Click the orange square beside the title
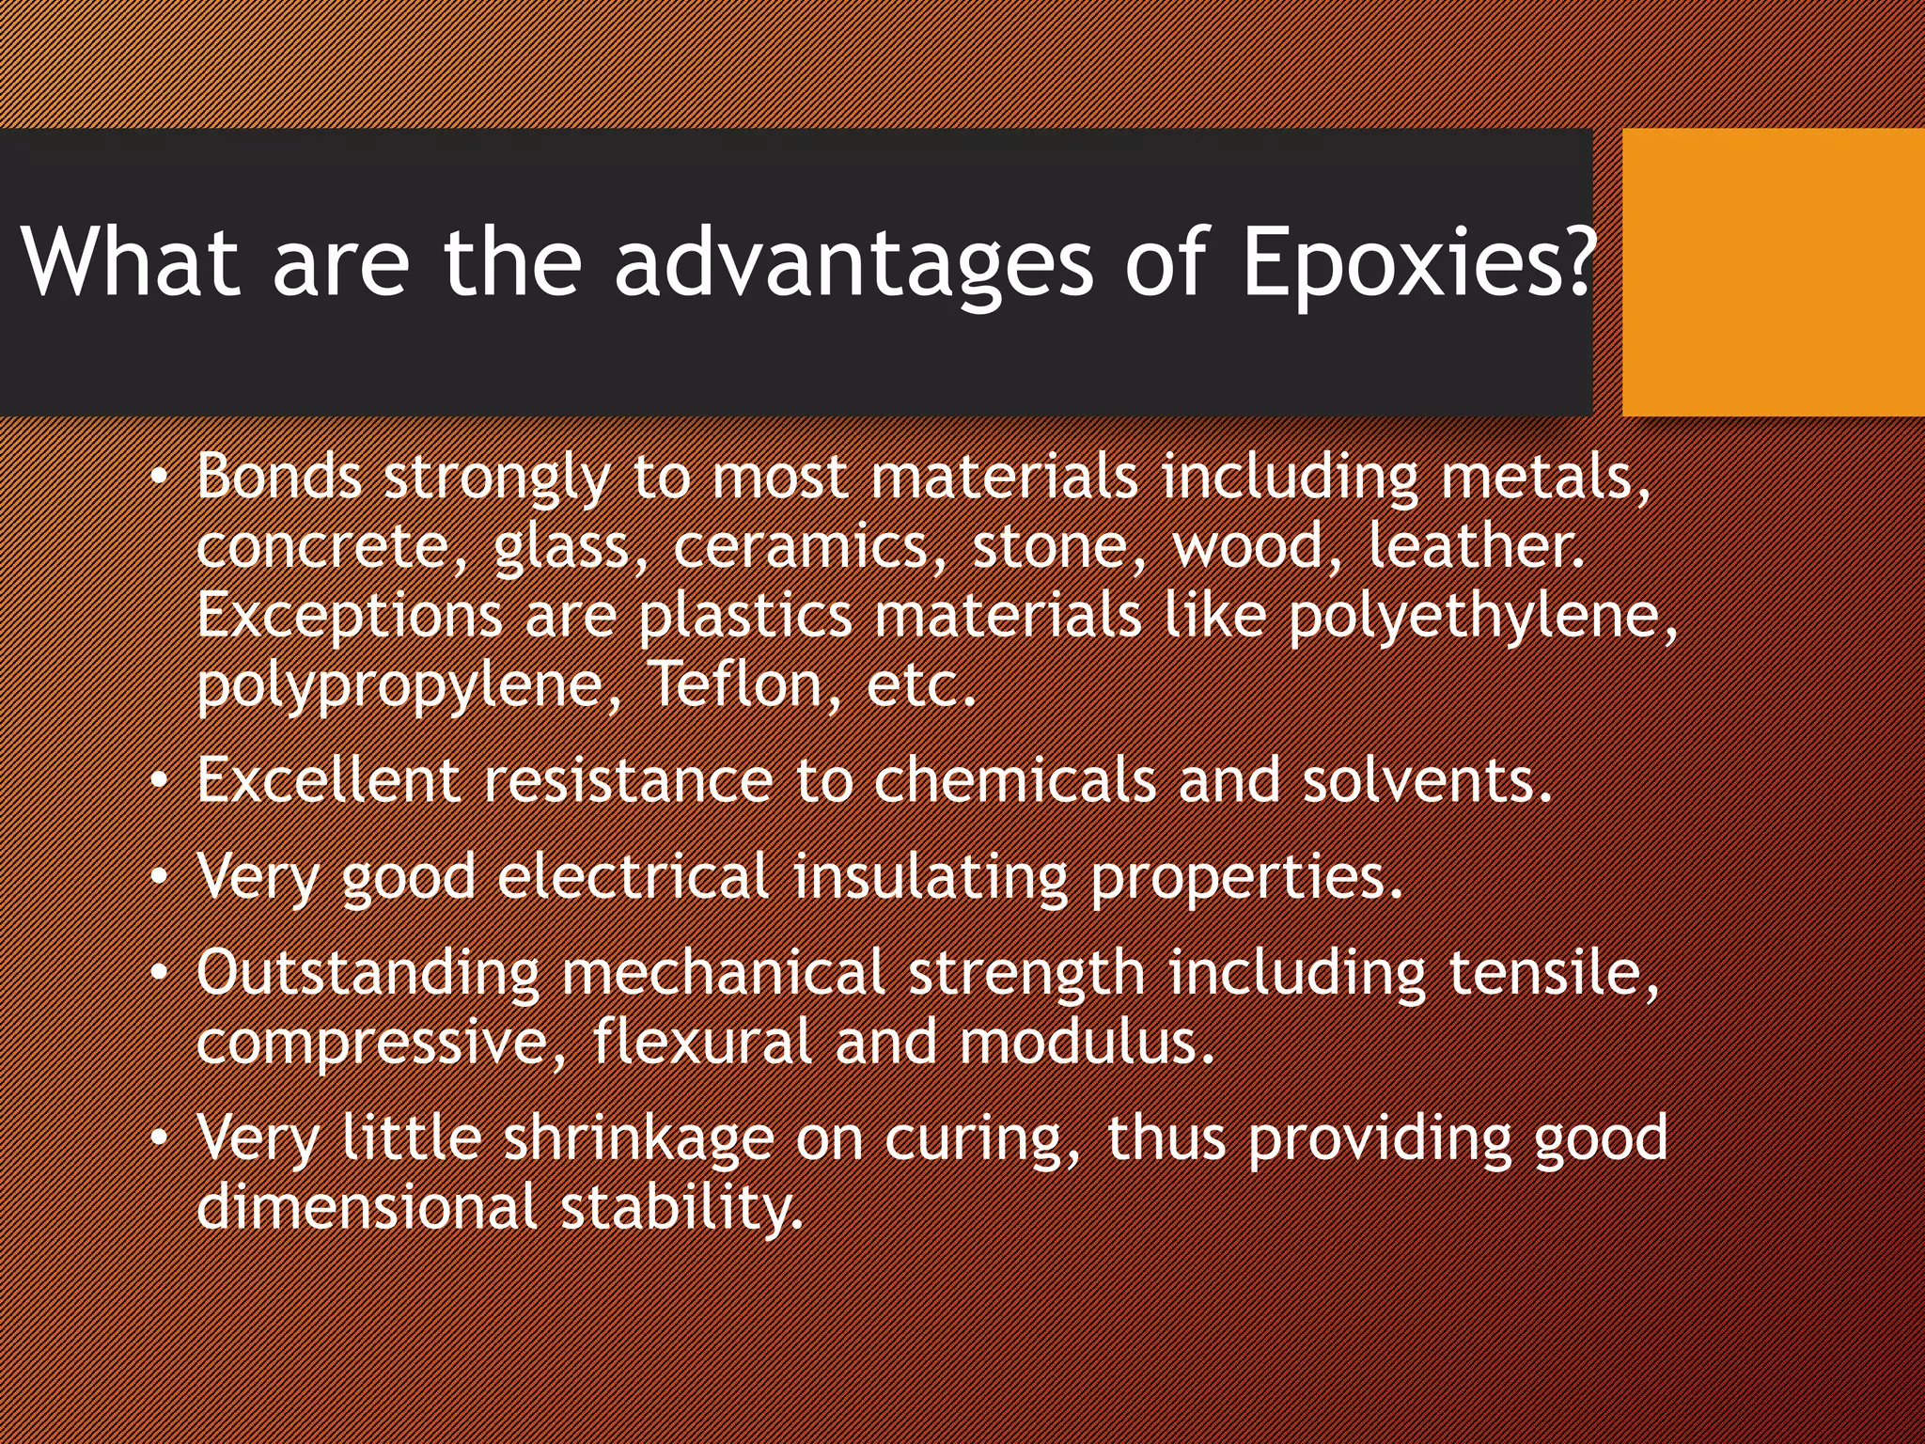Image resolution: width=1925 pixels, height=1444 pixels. pyautogui.click(x=1773, y=272)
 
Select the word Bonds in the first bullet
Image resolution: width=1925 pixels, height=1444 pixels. pyautogui.click(x=279, y=476)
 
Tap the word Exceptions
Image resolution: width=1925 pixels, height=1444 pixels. pyautogui.click(x=350, y=617)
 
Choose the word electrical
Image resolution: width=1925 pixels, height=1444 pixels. pyautogui.click(x=634, y=877)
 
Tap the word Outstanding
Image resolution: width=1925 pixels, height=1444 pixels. pyautogui.click(x=368, y=973)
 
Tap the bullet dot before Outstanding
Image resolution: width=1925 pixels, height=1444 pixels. pyautogui.click(x=161, y=972)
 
